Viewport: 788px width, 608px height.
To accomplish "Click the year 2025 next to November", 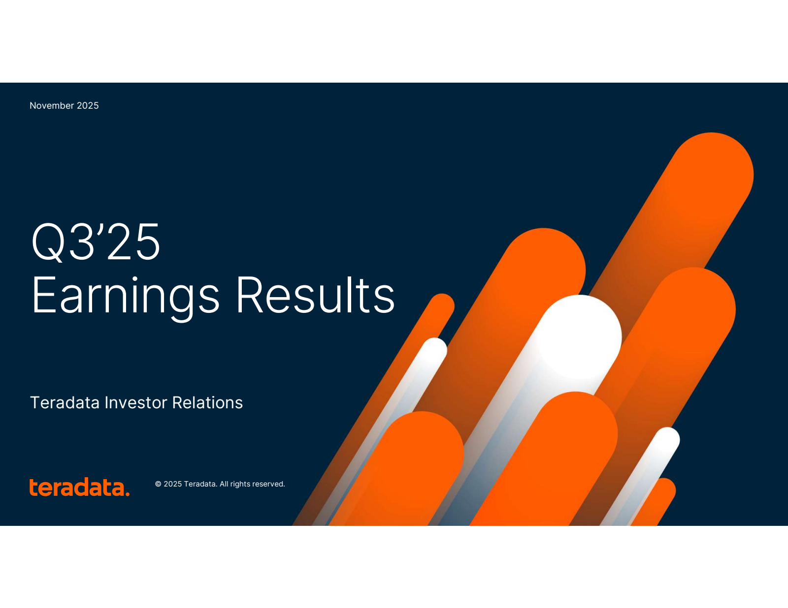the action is (87, 105).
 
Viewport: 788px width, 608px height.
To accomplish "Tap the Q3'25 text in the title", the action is (96, 242).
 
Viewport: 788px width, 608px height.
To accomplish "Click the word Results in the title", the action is (315, 295).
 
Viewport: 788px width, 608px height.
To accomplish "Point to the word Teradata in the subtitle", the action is (65, 403).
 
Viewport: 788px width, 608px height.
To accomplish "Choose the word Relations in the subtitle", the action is (207, 403).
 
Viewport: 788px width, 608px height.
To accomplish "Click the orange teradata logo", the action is (79, 486).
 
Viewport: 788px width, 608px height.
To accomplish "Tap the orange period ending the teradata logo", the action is (127, 493).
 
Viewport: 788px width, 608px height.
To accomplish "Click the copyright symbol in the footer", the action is (158, 484).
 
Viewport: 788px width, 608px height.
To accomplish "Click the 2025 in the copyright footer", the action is (172, 484).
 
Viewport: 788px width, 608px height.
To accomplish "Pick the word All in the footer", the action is (224, 484).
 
